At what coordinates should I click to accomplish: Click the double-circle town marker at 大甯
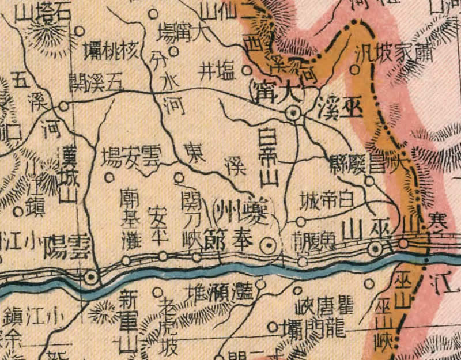(294, 113)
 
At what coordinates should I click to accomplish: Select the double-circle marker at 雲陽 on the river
(90, 278)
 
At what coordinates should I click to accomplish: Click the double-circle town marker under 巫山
(376, 249)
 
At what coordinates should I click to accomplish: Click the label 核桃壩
(112, 50)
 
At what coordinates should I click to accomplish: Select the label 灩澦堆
(218, 291)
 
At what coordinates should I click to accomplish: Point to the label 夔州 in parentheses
(241, 209)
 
